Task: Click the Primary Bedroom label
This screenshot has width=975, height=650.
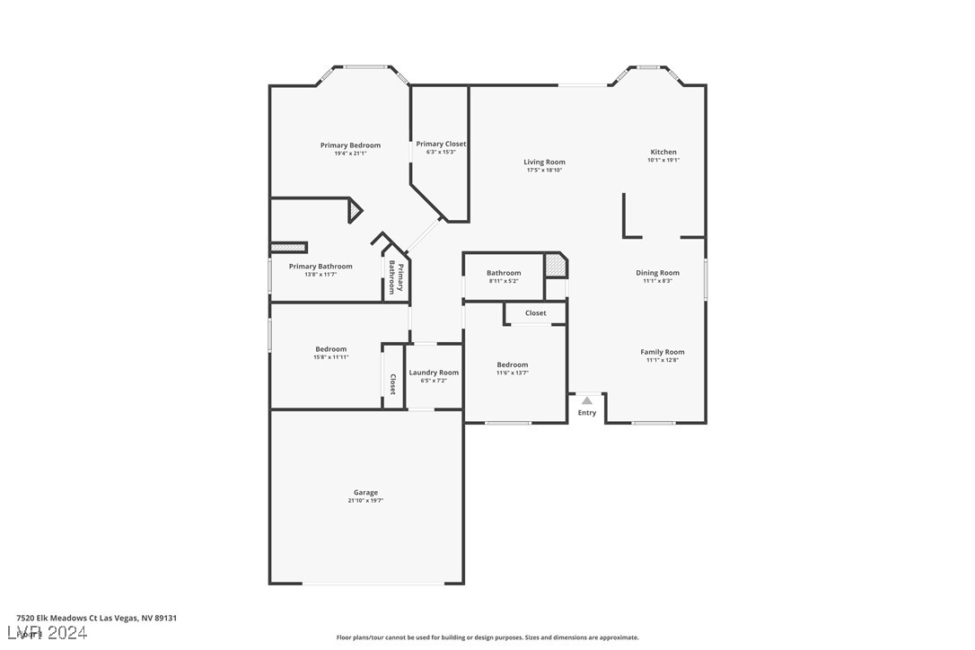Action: tap(350, 145)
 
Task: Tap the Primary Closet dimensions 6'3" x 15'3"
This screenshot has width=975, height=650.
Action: tap(441, 152)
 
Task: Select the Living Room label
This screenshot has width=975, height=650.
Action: tap(544, 162)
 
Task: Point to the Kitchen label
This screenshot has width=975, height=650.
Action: tap(663, 152)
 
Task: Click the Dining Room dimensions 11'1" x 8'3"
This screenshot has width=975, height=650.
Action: tap(657, 281)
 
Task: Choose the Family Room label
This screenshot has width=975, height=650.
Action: tap(662, 352)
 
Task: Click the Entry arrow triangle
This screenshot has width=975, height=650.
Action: tap(586, 400)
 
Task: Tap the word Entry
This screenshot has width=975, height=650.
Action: tap(586, 413)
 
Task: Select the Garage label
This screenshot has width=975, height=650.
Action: tap(365, 492)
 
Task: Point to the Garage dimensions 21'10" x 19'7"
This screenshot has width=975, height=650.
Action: tap(365, 500)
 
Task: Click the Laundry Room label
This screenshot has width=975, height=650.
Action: tap(434, 373)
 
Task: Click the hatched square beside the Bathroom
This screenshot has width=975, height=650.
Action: tap(556, 267)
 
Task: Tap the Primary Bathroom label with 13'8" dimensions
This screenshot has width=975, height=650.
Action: tap(321, 267)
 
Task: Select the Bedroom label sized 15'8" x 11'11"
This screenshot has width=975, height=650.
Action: tap(330, 349)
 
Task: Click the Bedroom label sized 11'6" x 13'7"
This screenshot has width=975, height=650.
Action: tap(513, 365)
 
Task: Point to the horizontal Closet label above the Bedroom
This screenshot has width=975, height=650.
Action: tap(536, 313)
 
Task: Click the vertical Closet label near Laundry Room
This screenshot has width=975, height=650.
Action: tap(392, 384)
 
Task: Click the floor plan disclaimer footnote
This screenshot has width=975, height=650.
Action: tap(487, 637)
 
